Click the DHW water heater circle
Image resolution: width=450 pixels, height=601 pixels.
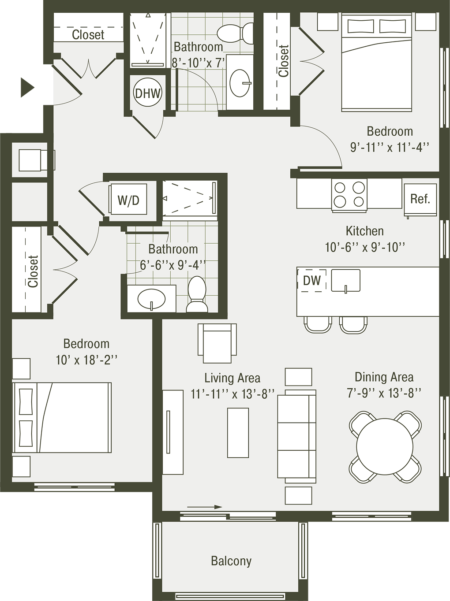coord(148,93)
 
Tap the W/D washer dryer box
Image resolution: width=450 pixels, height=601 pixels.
coord(128,200)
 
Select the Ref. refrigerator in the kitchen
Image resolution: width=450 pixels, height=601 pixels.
coord(420,199)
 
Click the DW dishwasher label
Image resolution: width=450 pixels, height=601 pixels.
coord(312,280)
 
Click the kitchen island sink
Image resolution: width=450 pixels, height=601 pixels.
coord(345,280)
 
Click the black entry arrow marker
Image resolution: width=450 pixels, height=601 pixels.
coord(28,88)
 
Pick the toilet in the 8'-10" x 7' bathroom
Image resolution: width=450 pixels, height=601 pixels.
coord(236,33)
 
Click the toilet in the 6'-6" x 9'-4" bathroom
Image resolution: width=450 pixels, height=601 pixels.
coord(197,294)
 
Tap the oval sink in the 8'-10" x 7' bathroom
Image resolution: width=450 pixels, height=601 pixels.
coord(240,82)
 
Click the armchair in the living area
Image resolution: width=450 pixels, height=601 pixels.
coord(217,343)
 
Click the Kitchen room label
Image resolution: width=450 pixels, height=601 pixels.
coord(364,231)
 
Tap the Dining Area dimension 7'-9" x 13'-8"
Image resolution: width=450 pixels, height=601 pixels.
coord(384,393)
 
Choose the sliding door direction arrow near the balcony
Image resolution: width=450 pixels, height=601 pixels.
coord(204,507)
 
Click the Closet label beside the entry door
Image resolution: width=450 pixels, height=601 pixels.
coord(88,35)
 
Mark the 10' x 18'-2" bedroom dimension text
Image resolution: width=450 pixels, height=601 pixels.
coord(86,360)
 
